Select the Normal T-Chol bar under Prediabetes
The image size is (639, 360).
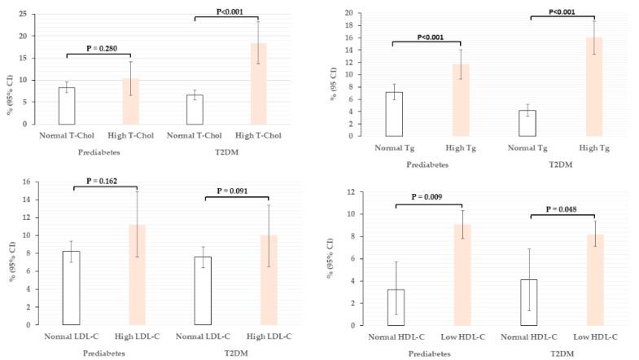67,106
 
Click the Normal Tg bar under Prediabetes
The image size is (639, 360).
394,114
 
